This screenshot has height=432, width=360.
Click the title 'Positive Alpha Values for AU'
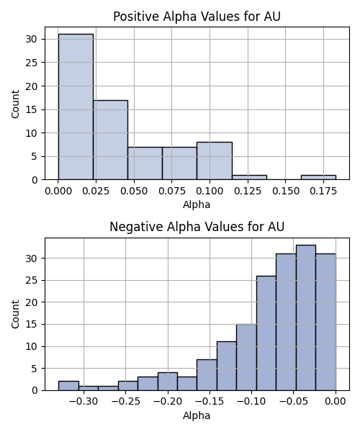[197, 17]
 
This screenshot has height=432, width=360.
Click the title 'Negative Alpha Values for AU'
[197, 227]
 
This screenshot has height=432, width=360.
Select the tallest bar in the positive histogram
[76, 107]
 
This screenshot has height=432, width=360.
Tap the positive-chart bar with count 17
[110, 140]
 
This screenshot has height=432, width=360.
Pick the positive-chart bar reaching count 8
[215, 161]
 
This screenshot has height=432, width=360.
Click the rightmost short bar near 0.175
[319, 177]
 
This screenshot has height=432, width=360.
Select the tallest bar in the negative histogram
[306, 318]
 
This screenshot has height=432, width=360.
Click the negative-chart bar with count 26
[266, 333]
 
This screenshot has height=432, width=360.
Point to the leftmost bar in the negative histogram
[68, 386]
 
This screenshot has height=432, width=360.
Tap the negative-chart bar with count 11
[227, 366]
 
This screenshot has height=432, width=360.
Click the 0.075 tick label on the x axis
[172, 191]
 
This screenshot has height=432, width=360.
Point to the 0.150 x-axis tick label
[286, 191]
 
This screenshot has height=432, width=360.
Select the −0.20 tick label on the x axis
[168, 402]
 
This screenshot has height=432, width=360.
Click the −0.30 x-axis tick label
[84, 402]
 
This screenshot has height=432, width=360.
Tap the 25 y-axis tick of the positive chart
[31, 63]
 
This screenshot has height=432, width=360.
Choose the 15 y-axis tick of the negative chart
[31, 324]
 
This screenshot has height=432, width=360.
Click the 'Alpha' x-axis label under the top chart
[197, 204]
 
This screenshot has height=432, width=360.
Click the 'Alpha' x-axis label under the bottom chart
[197, 415]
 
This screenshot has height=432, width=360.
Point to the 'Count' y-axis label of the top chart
[15, 104]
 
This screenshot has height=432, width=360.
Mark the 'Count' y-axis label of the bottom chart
[15, 315]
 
